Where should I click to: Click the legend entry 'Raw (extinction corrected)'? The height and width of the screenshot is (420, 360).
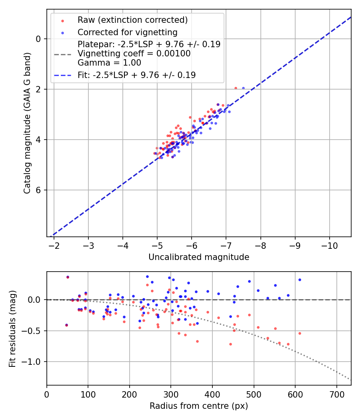(132, 20)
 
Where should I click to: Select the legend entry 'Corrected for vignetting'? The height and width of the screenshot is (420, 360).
(127, 32)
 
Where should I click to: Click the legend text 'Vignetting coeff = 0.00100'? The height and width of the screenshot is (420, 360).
(134, 54)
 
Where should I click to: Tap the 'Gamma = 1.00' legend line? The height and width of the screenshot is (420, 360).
(109, 63)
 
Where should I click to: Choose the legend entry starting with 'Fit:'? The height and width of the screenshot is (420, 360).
(136, 75)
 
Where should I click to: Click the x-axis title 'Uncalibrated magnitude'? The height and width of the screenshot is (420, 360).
(199, 257)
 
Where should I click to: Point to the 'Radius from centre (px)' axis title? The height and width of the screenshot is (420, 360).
(199, 406)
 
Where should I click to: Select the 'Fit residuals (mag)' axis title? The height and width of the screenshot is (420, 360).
(12, 328)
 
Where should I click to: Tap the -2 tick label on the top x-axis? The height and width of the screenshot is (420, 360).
(54, 245)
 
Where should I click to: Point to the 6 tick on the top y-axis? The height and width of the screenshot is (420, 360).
(39, 190)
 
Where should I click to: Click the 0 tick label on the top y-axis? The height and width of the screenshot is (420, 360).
(39, 39)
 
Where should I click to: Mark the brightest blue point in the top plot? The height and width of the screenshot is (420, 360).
(243, 88)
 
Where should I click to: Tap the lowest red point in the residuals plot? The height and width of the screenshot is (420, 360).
(230, 344)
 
